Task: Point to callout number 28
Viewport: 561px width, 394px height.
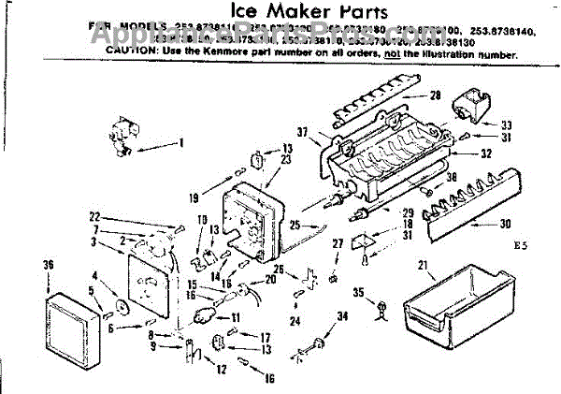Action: tap(436, 95)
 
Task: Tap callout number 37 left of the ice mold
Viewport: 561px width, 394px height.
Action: tap(303, 131)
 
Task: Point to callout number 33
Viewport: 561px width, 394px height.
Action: tap(507, 124)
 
